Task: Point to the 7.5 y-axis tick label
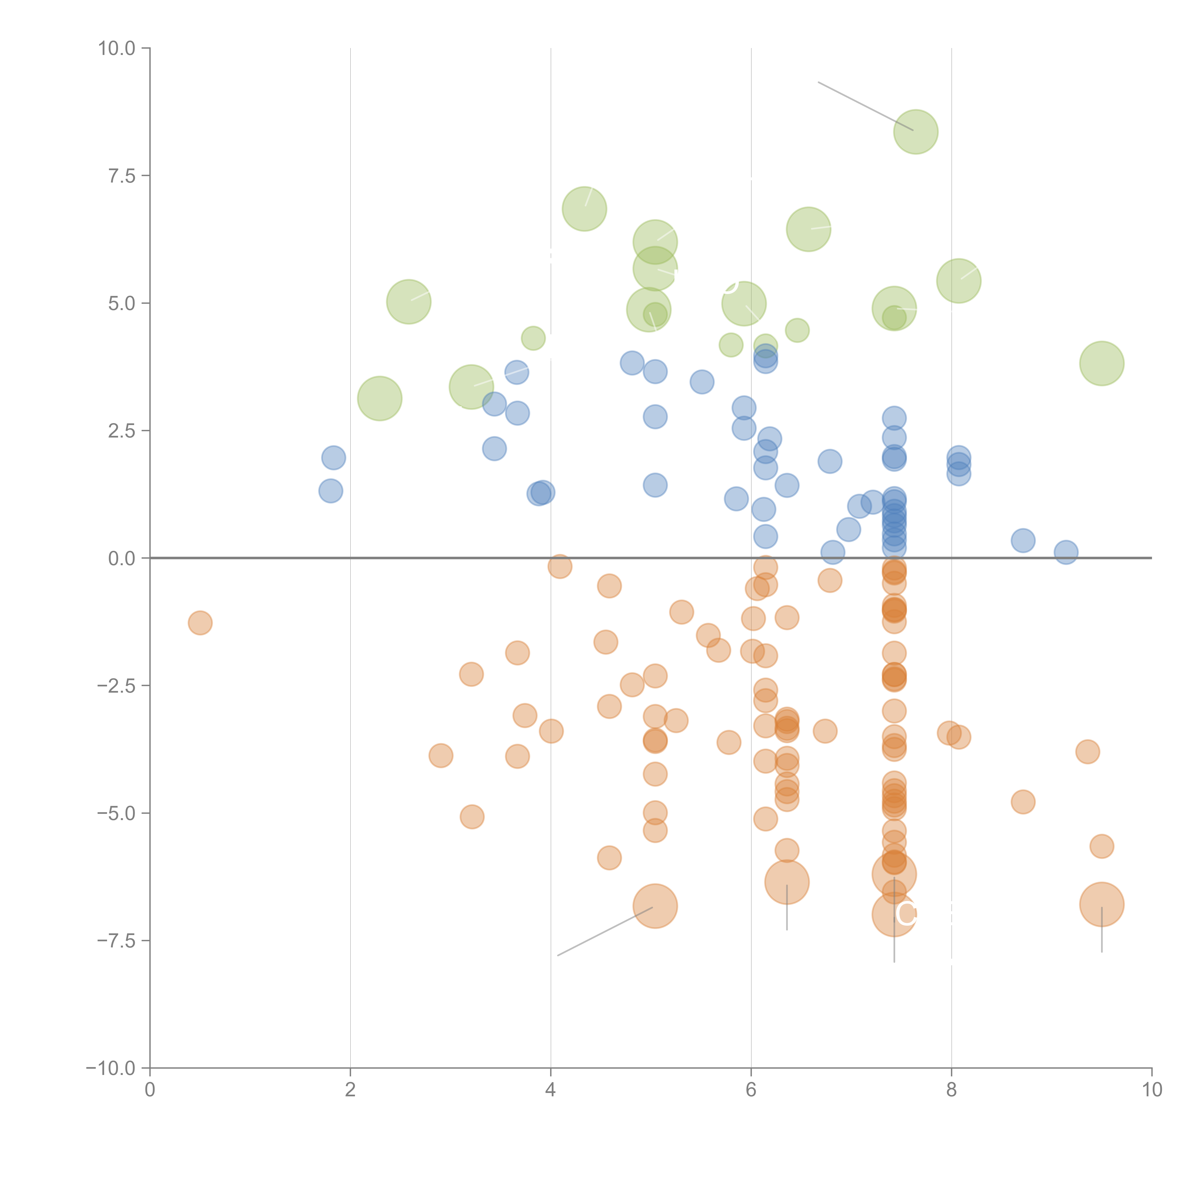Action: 122,176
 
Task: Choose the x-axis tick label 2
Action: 350,1090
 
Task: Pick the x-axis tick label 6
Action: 751,1090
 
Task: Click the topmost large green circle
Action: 916,132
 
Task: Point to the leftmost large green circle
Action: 379,398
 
